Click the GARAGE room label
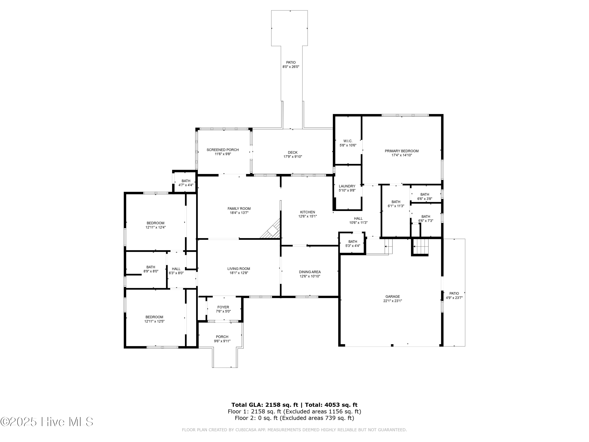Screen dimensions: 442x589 tap(392, 296)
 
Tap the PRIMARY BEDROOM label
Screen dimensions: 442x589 tap(402, 151)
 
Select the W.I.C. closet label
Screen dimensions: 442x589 tap(348, 141)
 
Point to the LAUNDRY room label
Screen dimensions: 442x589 tap(347, 186)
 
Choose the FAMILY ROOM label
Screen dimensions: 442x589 tap(239, 209)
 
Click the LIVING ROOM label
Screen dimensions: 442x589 tap(239, 269)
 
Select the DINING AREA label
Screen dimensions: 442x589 tap(310, 272)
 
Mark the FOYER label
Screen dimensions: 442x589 tap(223, 307)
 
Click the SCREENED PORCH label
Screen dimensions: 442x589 tap(223, 150)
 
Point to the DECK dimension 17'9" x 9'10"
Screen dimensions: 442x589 tap(293, 157)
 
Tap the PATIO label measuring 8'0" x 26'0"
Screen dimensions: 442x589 tap(291, 63)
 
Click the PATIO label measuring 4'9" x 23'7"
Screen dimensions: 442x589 tap(454, 293)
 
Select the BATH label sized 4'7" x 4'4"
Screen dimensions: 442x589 tap(186, 181)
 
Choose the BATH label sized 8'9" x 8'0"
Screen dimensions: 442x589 tap(151, 267)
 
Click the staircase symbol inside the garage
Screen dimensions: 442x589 tap(421, 247)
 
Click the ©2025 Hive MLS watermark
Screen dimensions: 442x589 tap(47, 422)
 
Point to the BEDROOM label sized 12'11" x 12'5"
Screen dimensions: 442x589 tap(154, 317)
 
